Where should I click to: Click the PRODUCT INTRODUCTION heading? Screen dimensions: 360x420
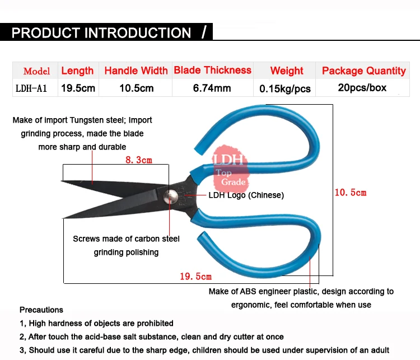pyautogui.click(x=101, y=32)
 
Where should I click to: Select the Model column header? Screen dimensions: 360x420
pyautogui.click(x=36, y=71)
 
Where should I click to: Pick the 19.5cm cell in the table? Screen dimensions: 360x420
pyautogui.click(x=77, y=88)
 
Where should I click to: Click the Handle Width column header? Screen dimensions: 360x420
pyautogui.click(x=136, y=71)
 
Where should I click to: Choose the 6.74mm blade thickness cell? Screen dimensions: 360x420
pyautogui.click(x=212, y=88)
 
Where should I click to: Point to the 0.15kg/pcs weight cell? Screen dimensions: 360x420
pyautogui.click(x=287, y=88)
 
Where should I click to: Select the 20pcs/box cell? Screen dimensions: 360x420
pyautogui.click(x=362, y=88)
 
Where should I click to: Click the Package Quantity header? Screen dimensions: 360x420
pyautogui.click(x=363, y=71)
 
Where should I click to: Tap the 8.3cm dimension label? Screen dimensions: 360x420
pyautogui.click(x=138, y=160)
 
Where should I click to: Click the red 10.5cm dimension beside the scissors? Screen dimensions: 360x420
pyautogui.click(x=351, y=192)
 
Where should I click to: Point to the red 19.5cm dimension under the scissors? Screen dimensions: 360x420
pyautogui.click(x=195, y=276)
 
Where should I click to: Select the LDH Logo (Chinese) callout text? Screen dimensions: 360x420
pyautogui.click(x=246, y=195)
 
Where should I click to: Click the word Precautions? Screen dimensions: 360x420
pyautogui.click(x=41, y=310)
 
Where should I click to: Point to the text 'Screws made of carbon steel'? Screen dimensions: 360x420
pyautogui.click(x=126, y=239)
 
